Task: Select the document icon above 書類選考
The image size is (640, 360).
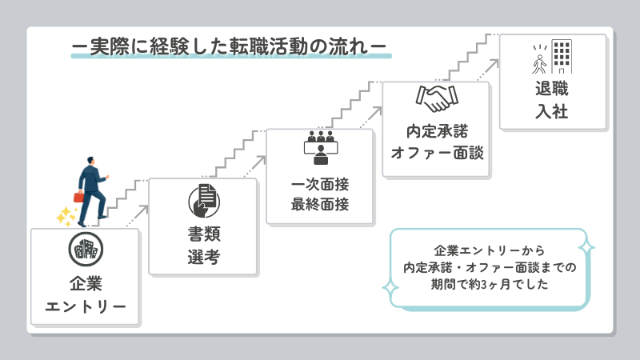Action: [x=203, y=200]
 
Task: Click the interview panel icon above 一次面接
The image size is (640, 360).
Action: [x=320, y=145]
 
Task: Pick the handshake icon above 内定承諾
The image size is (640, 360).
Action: [x=436, y=98]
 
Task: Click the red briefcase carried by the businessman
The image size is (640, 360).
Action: [x=79, y=196]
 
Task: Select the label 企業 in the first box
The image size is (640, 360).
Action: [x=86, y=283]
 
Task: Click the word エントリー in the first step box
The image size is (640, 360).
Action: [x=86, y=306]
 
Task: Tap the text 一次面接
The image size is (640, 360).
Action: [x=320, y=184]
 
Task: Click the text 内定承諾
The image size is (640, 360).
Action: [x=436, y=129]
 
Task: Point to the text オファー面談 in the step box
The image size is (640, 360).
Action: [x=436, y=151]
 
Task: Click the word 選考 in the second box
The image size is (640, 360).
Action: [x=203, y=258]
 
